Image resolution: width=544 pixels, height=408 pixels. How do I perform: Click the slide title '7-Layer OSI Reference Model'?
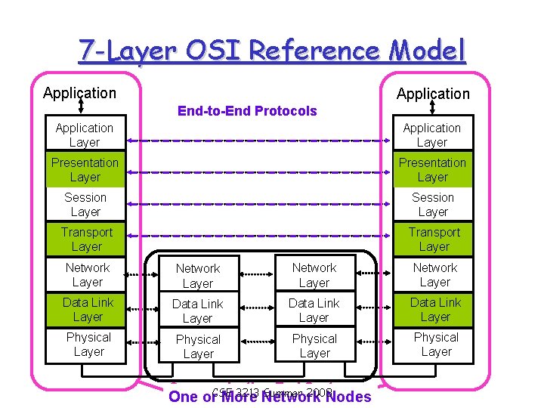[272, 51]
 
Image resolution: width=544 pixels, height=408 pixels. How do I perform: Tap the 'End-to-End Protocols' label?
[247, 111]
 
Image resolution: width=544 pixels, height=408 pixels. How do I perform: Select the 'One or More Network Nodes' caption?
[270, 397]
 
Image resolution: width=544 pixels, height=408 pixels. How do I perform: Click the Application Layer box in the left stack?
[84, 135]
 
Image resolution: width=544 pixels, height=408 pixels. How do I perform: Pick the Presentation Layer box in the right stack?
[432, 170]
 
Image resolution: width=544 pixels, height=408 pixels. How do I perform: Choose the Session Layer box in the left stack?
[85, 205]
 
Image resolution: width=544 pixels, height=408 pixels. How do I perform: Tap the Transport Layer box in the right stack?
[433, 240]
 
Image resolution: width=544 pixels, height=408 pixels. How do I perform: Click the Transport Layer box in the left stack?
[85, 240]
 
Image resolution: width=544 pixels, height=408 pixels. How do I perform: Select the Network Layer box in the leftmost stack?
[87, 275]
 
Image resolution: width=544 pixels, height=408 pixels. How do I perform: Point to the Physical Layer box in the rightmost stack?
[435, 345]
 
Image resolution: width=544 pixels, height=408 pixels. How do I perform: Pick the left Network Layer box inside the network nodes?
[197, 276]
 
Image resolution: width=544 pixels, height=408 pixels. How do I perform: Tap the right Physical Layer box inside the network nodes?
[314, 346]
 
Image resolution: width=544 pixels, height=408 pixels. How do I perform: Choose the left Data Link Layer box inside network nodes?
[197, 311]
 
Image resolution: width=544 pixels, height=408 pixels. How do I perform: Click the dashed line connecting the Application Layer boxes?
[257, 141]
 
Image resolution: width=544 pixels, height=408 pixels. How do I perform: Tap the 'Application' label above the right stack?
[433, 94]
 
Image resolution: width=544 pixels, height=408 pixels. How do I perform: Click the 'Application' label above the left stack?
[80, 94]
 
